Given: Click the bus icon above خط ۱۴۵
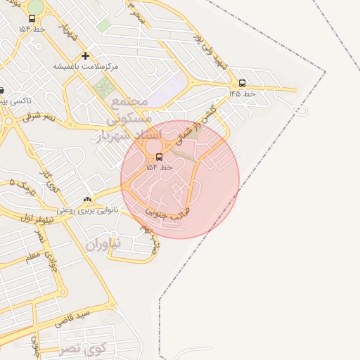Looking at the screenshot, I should pos(243,83).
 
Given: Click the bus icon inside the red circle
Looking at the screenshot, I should pos(159,157).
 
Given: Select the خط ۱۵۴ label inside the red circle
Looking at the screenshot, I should pos(159,167).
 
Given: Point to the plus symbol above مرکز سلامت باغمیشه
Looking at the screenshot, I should pos(85,56).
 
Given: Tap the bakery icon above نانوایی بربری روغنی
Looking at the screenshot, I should pos(88,200).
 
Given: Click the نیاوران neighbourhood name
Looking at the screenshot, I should pos(103,244).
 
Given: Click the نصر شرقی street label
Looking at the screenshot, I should pos(39,117).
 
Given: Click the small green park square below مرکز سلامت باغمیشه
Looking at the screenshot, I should pos(104,89).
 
